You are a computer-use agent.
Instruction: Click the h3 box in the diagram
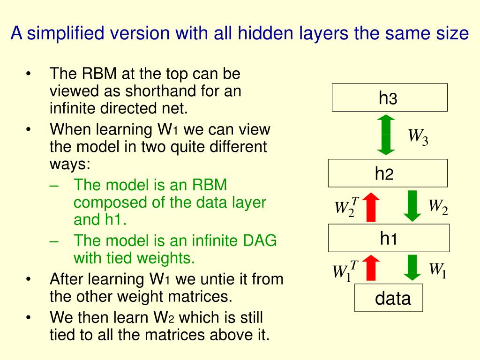coord(390,97)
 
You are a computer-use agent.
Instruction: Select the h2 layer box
coord(387,173)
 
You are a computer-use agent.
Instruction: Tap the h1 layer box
coord(389,238)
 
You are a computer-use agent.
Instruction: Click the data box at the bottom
coord(389,298)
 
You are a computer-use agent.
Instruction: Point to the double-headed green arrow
coord(386,135)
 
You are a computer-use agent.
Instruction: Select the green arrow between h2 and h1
coord(412,205)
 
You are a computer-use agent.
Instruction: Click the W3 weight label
coord(418,137)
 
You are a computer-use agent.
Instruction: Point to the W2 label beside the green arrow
coord(438,206)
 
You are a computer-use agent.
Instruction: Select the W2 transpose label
coord(346,207)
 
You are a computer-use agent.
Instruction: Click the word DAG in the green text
coord(260,240)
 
